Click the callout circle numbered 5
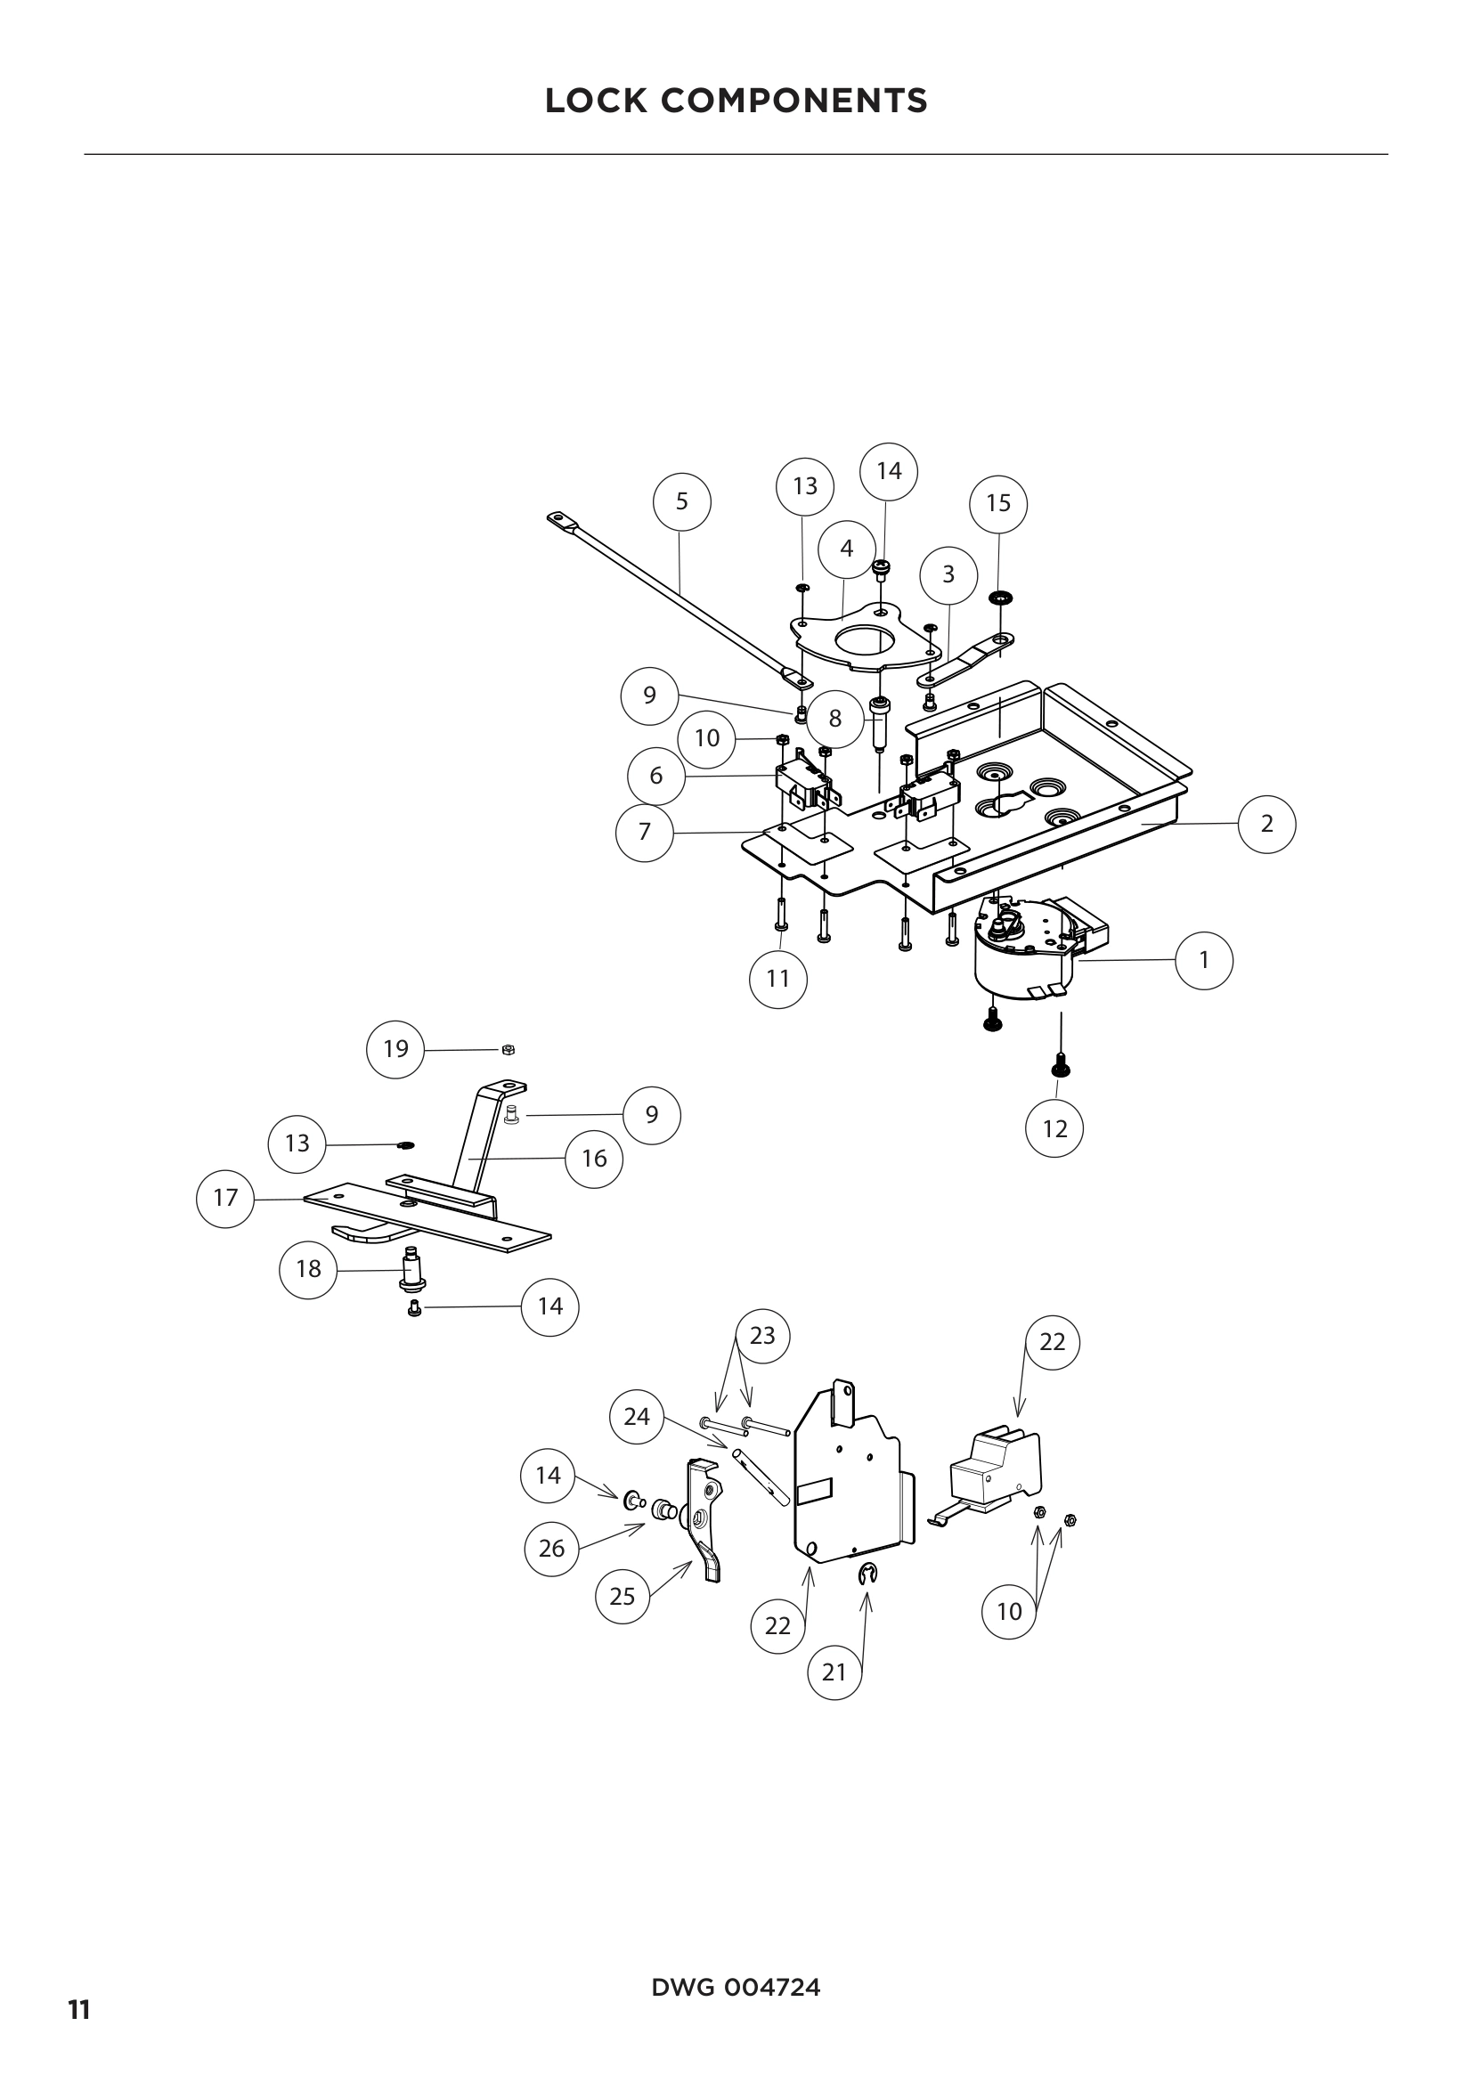point(682,500)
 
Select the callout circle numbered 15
point(997,502)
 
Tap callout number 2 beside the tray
point(1266,824)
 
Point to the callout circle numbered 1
point(1204,960)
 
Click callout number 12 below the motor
point(1054,1128)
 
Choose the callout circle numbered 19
point(395,1049)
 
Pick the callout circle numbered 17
point(225,1198)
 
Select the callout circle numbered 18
point(308,1269)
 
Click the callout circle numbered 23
point(762,1336)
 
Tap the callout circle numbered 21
point(834,1672)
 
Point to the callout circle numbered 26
point(551,1549)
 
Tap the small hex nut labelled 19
point(509,1050)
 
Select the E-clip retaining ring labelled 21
point(867,1577)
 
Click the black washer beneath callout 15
point(1000,598)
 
